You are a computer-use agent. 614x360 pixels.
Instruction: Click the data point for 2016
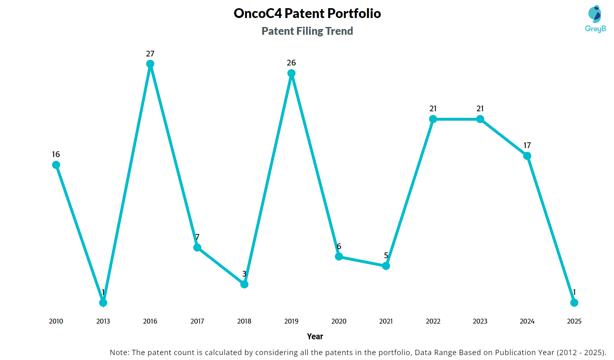coord(150,64)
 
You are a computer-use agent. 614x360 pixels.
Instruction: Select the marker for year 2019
coord(291,73)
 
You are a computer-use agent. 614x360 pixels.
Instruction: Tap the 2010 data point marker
coord(56,164)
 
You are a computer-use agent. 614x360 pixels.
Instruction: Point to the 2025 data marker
coord(574,302)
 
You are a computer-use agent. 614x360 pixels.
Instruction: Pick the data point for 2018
coord(244,284)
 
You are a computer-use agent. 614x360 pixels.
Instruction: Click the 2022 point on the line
coord(433,119)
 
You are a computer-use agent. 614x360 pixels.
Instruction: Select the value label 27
coord(150,54)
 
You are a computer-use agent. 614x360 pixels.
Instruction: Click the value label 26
coord(291,63)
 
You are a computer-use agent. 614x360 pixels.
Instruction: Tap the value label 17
coord(527,145)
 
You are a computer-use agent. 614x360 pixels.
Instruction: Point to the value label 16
coord(56,154)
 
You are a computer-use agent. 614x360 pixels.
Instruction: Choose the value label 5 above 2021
coord(386,255)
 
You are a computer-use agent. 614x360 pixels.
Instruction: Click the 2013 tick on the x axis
coord(103,321)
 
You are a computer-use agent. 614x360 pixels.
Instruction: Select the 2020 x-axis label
coord(339,321)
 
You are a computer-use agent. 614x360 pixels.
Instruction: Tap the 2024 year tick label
coord(527,321)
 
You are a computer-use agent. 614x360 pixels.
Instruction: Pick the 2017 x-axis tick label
coord(197,321)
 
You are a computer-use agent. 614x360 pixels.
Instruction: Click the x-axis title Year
coord(315,336)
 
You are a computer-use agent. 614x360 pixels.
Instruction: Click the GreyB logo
coord(595,19)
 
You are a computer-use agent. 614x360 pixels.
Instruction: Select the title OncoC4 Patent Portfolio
coord(307,13)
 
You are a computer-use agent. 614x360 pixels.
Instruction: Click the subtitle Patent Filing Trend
coord(307,31)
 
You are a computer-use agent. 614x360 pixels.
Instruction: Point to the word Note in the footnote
coord(119,352)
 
